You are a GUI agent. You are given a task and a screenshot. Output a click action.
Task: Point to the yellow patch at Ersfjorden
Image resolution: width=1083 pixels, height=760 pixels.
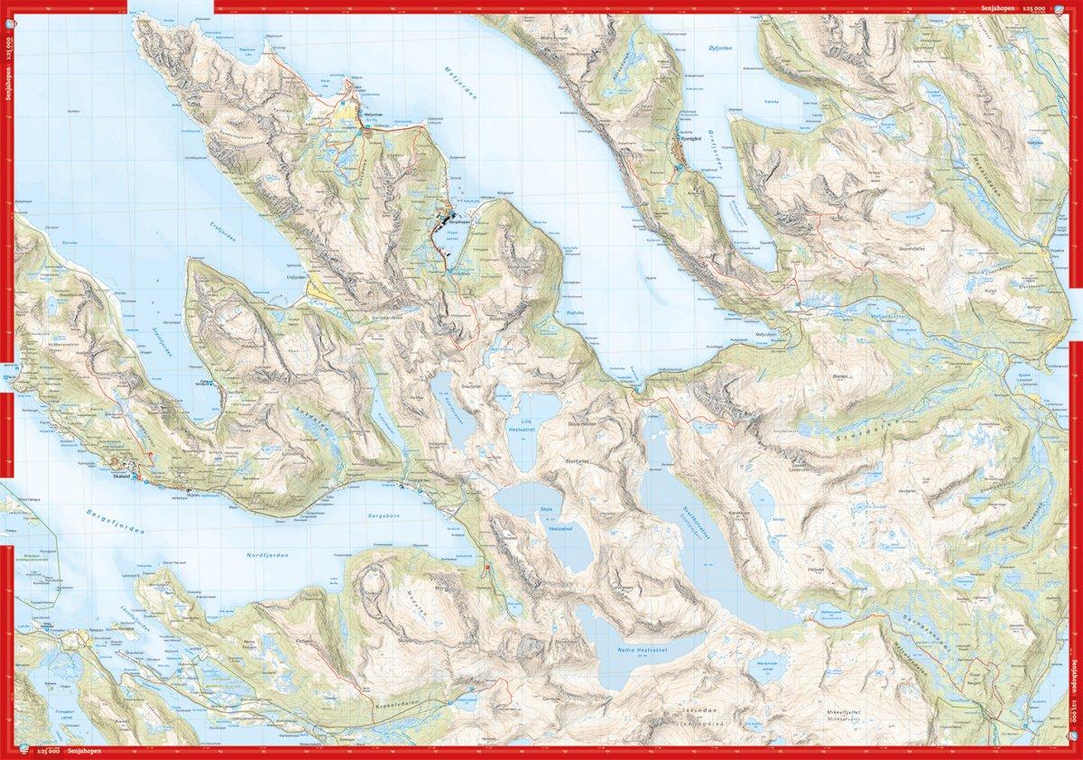tap(321, 290)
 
